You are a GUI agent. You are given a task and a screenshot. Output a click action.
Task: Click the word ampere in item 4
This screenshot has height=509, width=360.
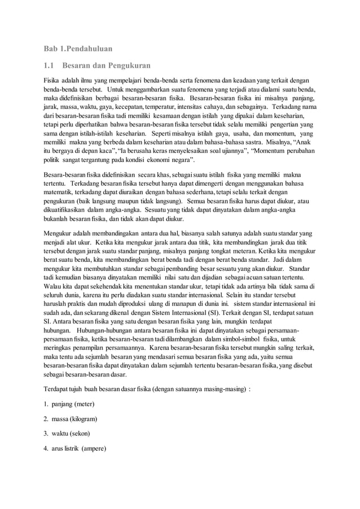click(x=96, y=449)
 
